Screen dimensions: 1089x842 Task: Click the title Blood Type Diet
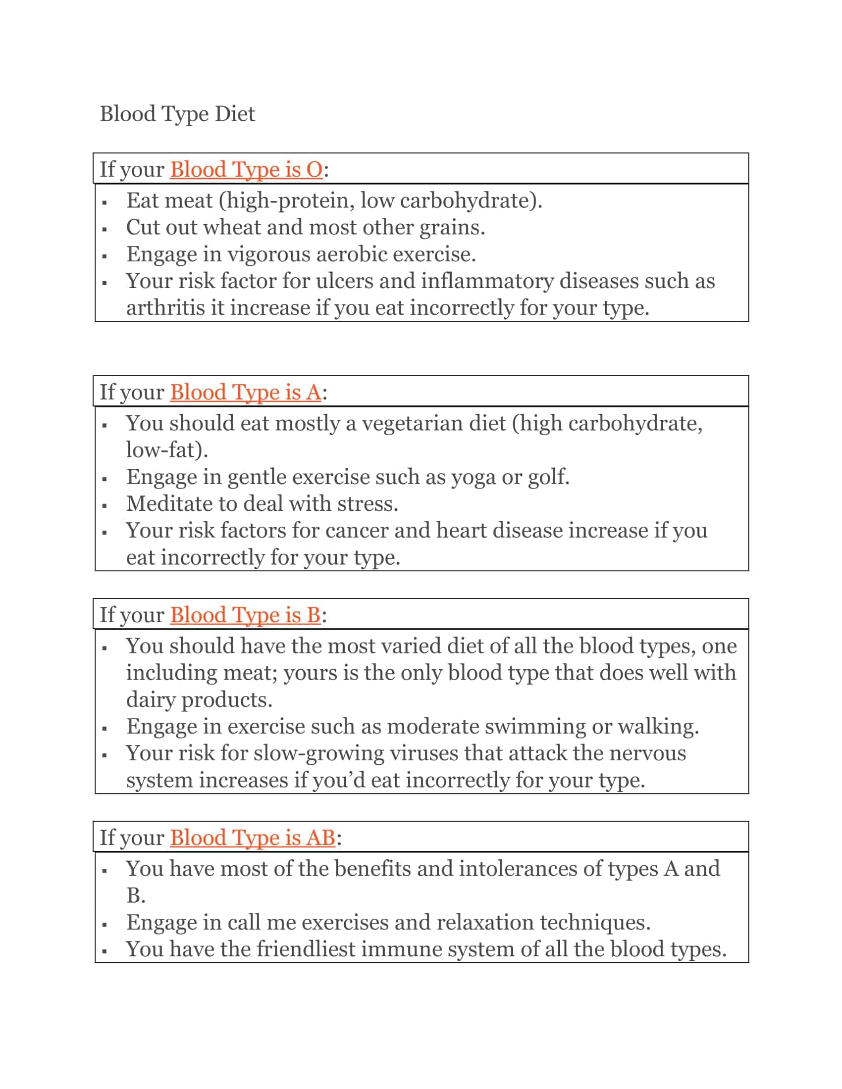(x=177, y=114)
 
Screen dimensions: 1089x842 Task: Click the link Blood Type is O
(x=247, y=169)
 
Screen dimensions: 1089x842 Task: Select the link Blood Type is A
(x=245, y=393)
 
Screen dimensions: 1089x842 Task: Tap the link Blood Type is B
(x=245, y=615)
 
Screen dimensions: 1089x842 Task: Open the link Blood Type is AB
(x=253, y=838)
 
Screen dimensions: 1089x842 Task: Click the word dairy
(x=151, y=699)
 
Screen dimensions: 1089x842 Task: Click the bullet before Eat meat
(x=104, y=202)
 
